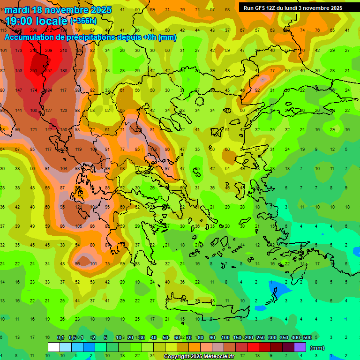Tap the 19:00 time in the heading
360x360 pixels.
(20, 21)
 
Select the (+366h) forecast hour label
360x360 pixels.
(83, 21)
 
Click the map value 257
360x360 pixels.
(49, 70)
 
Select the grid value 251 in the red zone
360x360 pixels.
(33, 70)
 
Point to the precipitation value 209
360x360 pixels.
(49, 50)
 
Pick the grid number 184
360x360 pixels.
(48, 90)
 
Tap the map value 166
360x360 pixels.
(33, 110)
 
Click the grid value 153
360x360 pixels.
(18, 70)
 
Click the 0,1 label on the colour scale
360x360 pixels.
(60, 337)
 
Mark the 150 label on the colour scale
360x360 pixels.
(237, 337)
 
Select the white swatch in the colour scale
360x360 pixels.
(54, 347)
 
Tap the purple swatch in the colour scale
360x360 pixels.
(300, 347)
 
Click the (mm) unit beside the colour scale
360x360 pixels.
(317, 348)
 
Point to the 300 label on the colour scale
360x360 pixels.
(272, 337)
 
